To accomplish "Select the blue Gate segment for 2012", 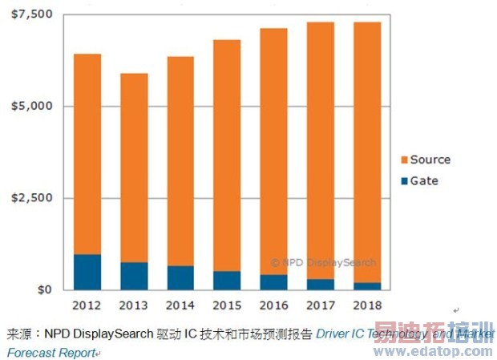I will click(87, 272).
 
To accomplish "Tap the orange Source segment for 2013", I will click(134, 168).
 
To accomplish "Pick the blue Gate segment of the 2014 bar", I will click(180, 277).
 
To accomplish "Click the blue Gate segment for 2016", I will click(273, 281).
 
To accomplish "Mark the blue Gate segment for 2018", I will click(366, 285).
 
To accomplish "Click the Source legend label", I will click(430, 160).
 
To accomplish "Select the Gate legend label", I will click(424, 180).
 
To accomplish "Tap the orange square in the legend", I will click(403, 160).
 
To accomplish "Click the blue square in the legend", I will click(403, 180).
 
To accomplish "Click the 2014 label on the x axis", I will click(180, 305).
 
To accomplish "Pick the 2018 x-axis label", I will click(366, 305).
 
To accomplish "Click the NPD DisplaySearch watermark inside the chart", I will click(322, 262).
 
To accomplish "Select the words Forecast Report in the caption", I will click(51, 352).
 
